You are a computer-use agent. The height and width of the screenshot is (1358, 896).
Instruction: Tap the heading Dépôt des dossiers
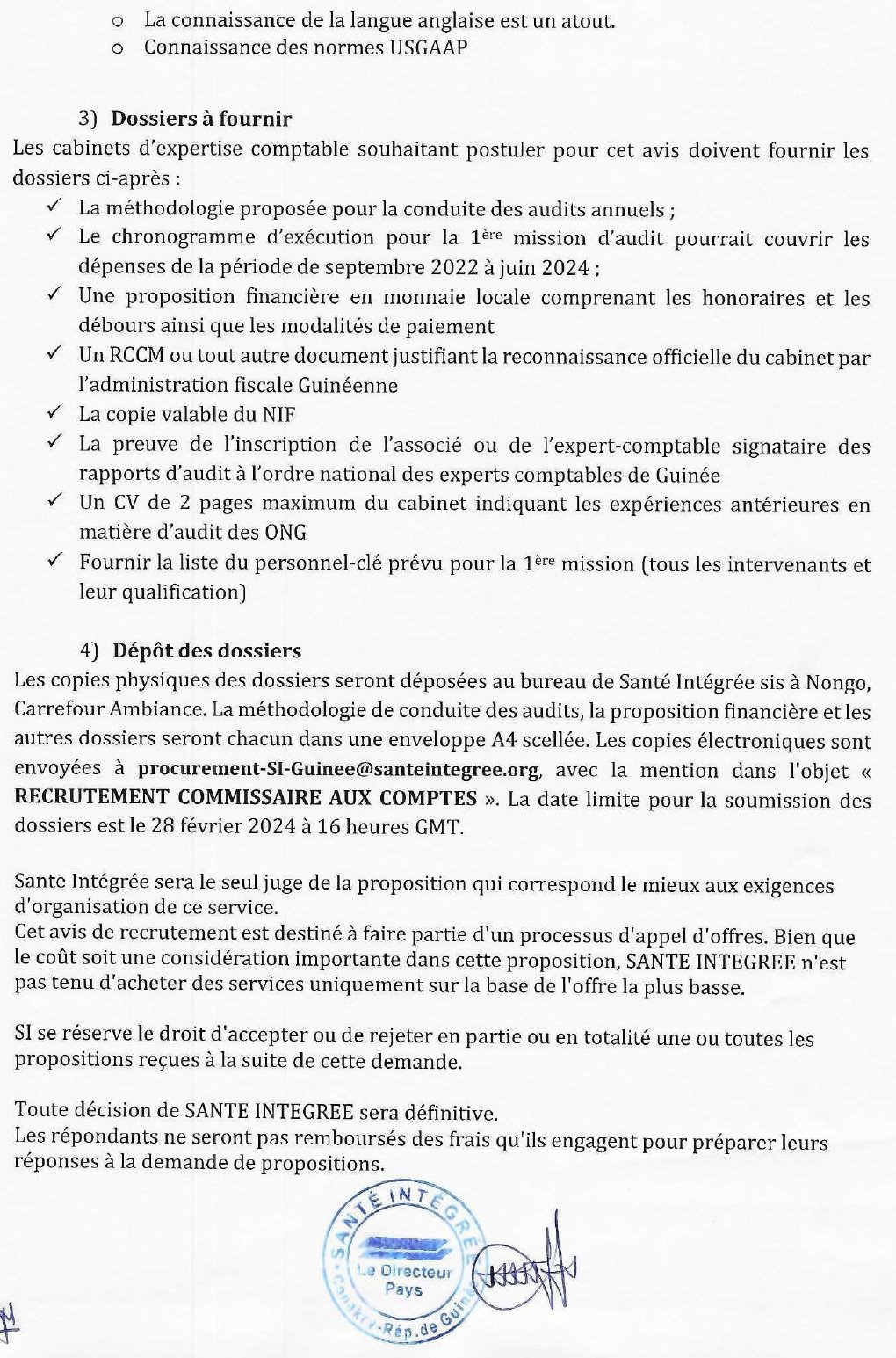(x=206, y=651)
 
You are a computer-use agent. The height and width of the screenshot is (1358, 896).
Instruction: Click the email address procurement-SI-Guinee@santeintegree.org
(x=337, y=770)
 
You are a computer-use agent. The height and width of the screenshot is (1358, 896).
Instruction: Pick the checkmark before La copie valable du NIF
(x=54, y=413)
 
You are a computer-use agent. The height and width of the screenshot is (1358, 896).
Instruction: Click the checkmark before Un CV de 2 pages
(x=54, y=502)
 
